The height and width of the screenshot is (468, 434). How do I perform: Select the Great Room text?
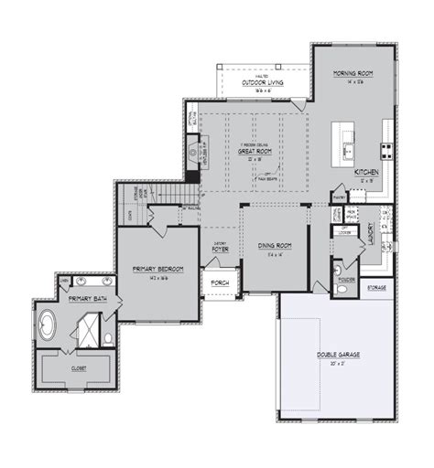252,151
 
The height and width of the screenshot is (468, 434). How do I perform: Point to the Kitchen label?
366,171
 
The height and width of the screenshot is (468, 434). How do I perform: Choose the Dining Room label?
273,245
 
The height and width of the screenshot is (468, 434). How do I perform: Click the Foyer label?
221,248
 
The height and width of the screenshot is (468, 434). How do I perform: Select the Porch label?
220,282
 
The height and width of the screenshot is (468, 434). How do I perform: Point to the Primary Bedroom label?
157,268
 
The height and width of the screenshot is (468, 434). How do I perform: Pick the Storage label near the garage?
375,288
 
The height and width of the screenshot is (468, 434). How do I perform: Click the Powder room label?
346,269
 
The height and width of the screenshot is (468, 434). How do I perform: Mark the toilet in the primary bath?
108,340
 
